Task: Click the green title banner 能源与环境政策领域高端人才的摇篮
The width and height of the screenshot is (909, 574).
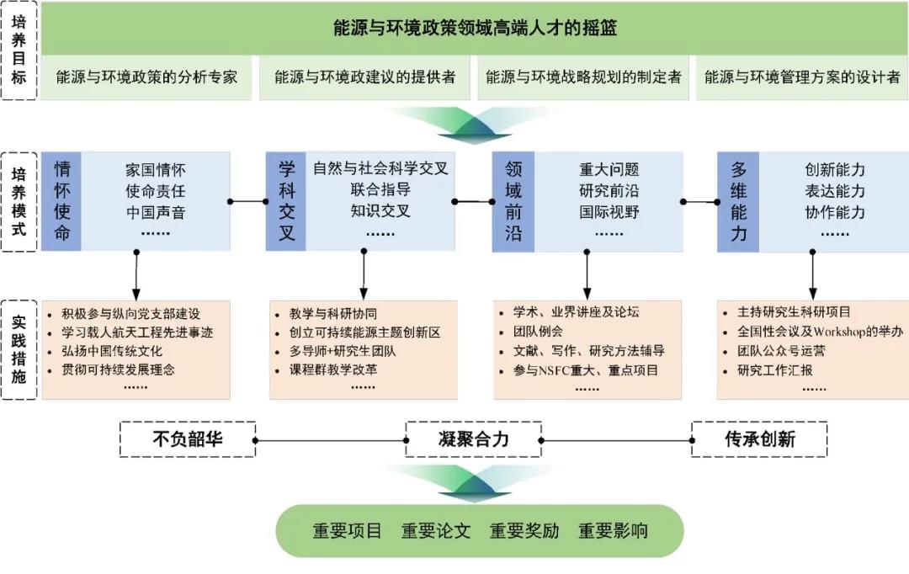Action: pos(475,29)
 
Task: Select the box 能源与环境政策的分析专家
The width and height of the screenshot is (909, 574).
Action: pos(146,77)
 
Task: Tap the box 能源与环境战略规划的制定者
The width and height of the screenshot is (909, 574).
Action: pos(583,77)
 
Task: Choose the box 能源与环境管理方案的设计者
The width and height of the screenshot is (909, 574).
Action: pos(801,77)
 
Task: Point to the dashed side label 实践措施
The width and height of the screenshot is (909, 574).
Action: pos(19,348)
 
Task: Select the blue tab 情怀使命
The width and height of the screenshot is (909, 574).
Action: pos(62,201)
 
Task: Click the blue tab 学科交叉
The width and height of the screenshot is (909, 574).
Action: pos(286,201)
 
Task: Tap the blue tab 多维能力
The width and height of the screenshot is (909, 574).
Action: pos(738,201)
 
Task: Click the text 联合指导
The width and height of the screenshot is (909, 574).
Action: pos(380,189)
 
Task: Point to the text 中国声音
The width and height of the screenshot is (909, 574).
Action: pos(156,211)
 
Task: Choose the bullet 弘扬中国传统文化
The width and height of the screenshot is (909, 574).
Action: pos(112,350)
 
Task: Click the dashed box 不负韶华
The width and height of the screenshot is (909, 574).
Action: pos(188,439)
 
